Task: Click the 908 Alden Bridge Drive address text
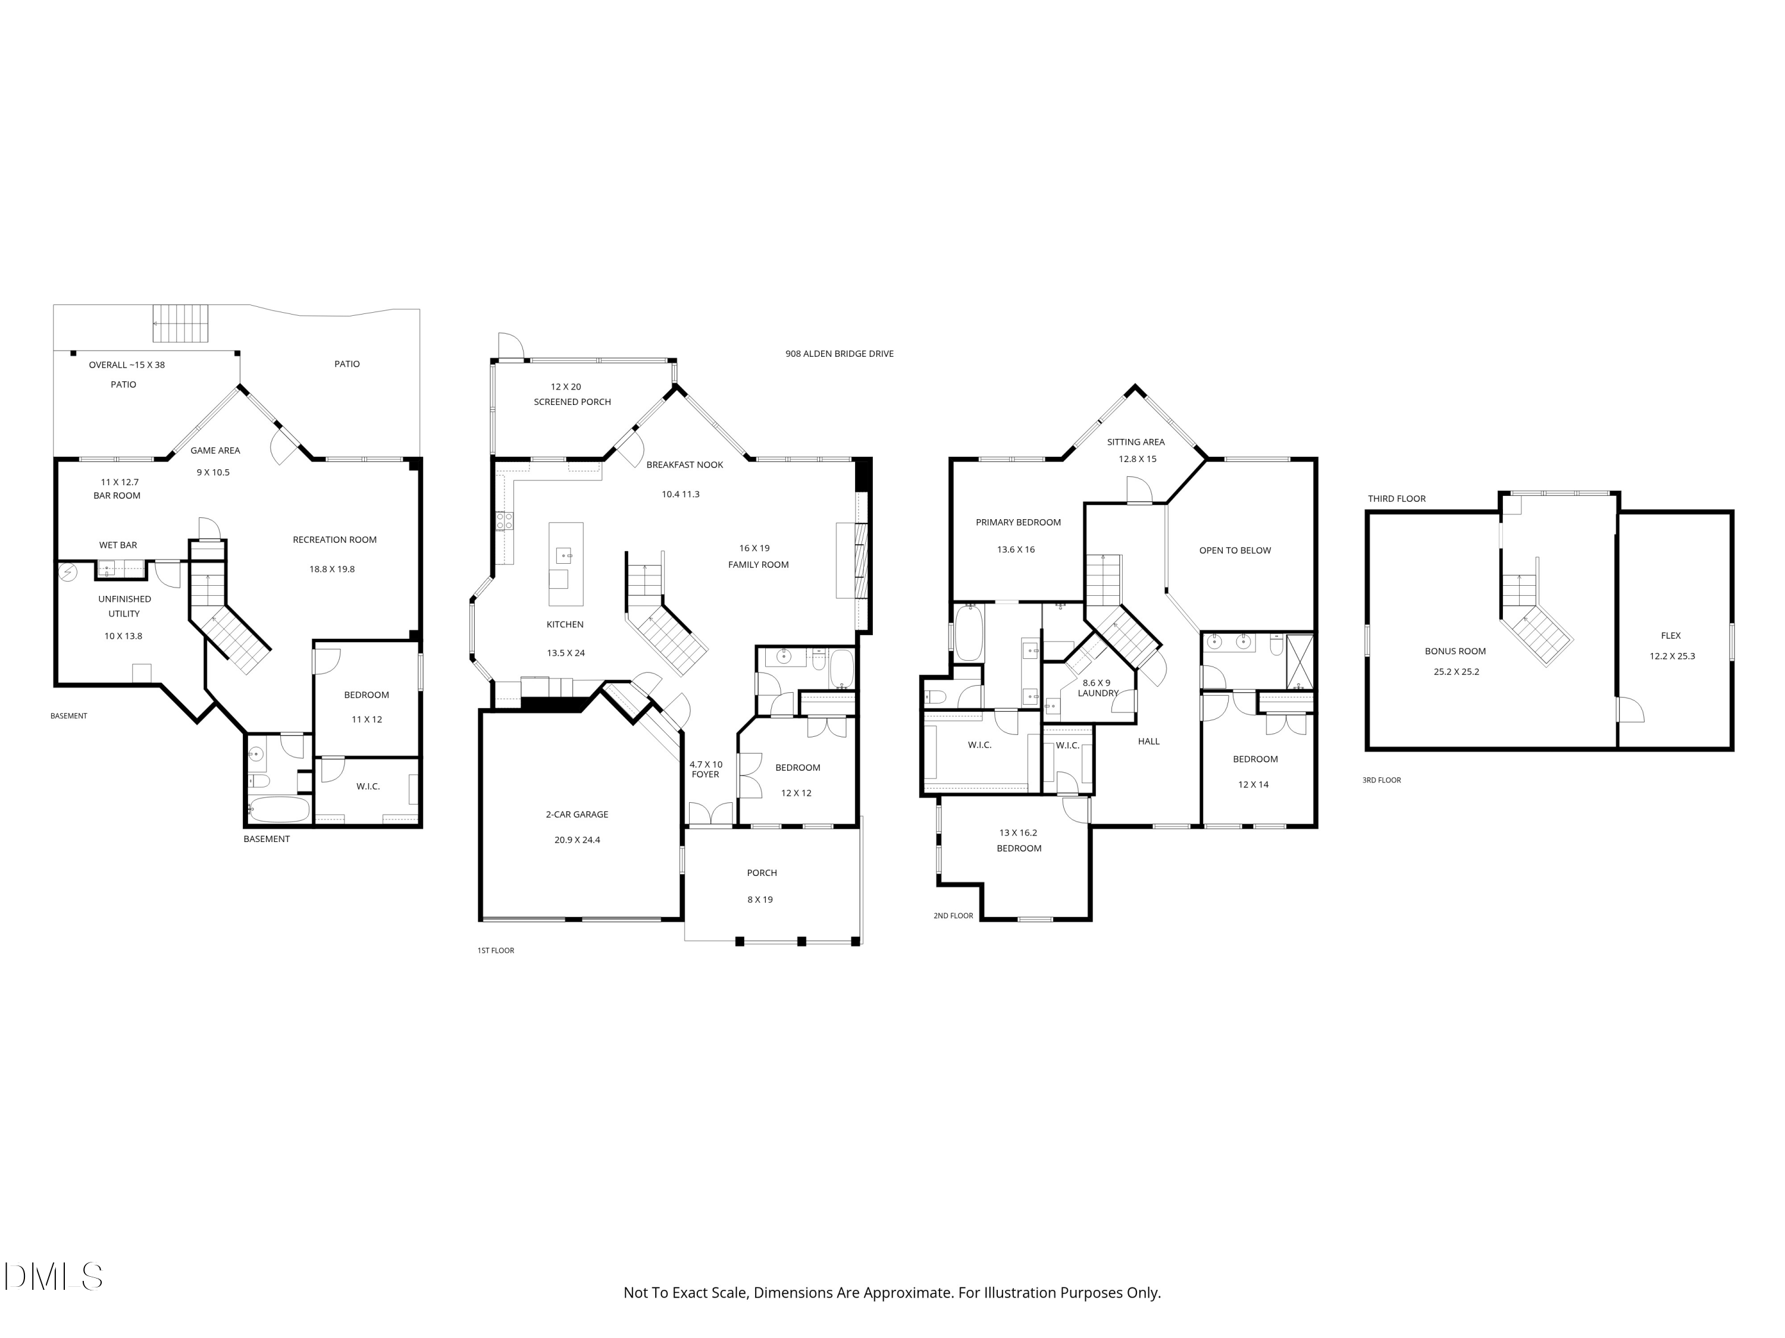point(839,353)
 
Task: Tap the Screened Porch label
point(572,401)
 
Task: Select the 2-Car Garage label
point(577,815)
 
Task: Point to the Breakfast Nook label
point(684,464)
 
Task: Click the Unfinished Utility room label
point(124,607)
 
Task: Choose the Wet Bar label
point(118,545)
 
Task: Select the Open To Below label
point(1235,551)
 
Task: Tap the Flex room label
point(1671,636)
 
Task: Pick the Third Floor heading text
point(1397,498)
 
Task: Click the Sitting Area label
point(1135,442)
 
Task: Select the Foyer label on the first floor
point(705,774)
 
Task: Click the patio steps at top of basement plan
point(181,323)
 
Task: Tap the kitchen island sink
point(563,555)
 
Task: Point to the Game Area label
point(215,451)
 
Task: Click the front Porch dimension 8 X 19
point(760,899)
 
